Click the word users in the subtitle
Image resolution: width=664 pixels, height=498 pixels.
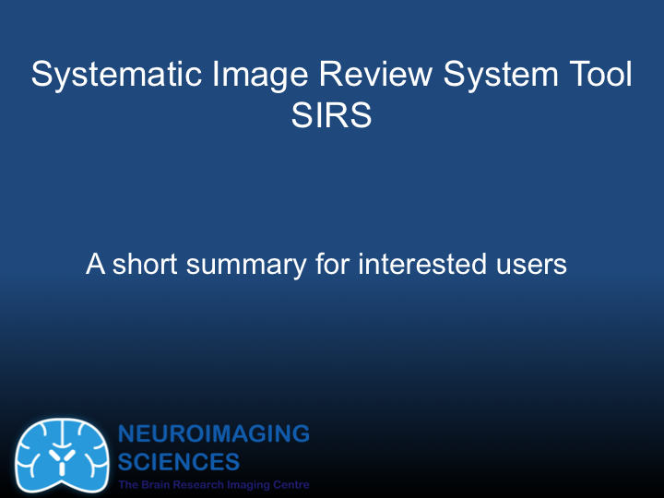[x=533, y=265]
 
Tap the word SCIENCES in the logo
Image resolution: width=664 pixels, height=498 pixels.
[x=179, y=461]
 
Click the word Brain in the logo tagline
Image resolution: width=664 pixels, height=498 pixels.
[x=155, y=485]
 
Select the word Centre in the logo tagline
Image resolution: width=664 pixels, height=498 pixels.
[x=290, y=485]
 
